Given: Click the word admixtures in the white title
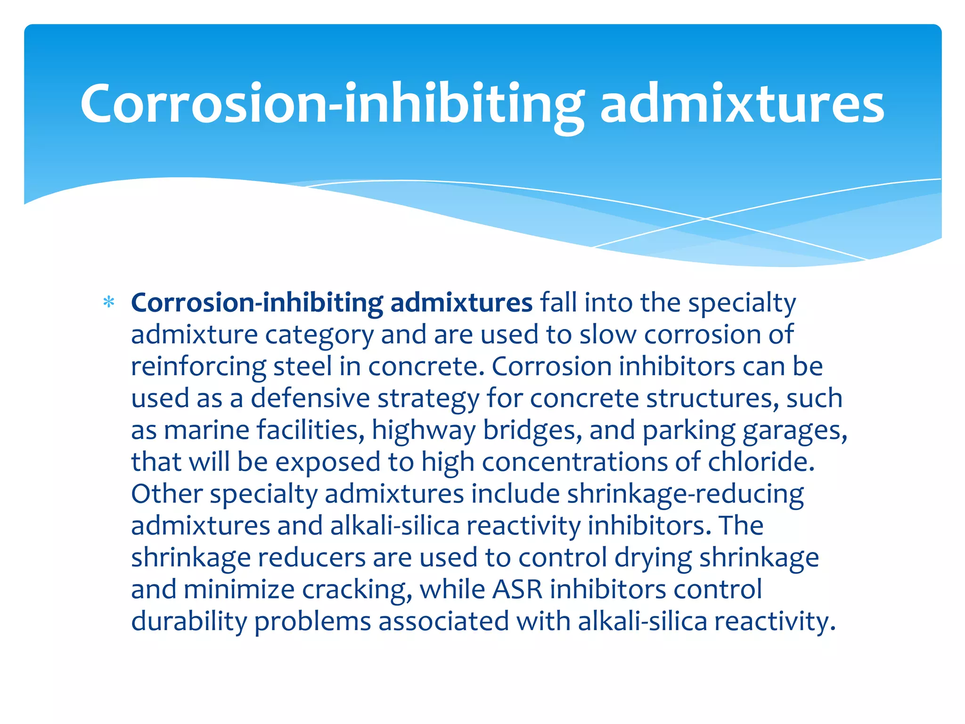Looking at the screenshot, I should [742, 104].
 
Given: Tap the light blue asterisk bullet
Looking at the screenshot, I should [109, 302].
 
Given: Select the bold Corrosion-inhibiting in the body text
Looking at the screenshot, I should [257, 303].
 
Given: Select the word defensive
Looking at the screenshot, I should [310, 398].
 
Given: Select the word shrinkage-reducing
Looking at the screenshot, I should [685, 494].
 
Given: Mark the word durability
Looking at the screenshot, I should [189, 621].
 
